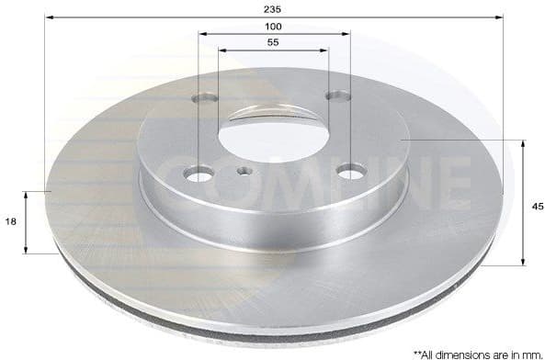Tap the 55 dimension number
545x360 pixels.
pyautogui.click(x=274, y=43)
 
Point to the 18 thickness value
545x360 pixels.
pyautogui.click(x=10, y=221)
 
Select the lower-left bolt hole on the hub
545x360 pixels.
pyautogui.click(x=198, y=173)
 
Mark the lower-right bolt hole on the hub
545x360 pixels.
pyautogui.click(x=348, y=170)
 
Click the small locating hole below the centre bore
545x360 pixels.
pyautogui.click(x=244, y=171)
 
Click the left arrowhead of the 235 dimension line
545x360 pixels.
pyautogui.click(x=49, y=17)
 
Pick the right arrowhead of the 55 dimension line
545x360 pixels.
pyautogui.click(x=326, y=51)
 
